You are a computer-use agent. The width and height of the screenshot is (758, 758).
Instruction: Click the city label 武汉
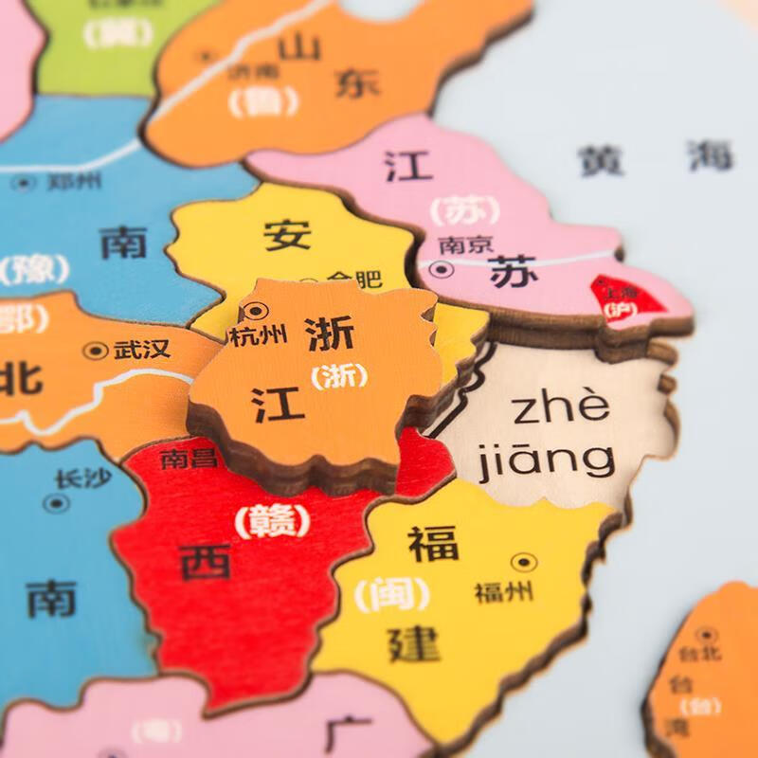pos(142,349)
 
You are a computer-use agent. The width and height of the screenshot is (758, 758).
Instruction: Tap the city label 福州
pos(504,593)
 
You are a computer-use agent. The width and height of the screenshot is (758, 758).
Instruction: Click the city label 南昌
pos(189,459)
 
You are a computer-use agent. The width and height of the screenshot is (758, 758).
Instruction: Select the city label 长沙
pos(81,478)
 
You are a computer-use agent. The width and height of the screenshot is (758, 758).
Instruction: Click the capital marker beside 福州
pos(523,563)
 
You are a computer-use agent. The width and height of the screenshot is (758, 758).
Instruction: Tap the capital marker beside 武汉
pos(95,351)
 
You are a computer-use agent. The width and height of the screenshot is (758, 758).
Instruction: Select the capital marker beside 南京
pos(441,270)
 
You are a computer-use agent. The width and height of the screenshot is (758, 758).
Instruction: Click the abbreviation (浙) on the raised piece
pos(338,376)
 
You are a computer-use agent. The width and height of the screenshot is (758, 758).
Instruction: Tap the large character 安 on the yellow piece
pos(287,234)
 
